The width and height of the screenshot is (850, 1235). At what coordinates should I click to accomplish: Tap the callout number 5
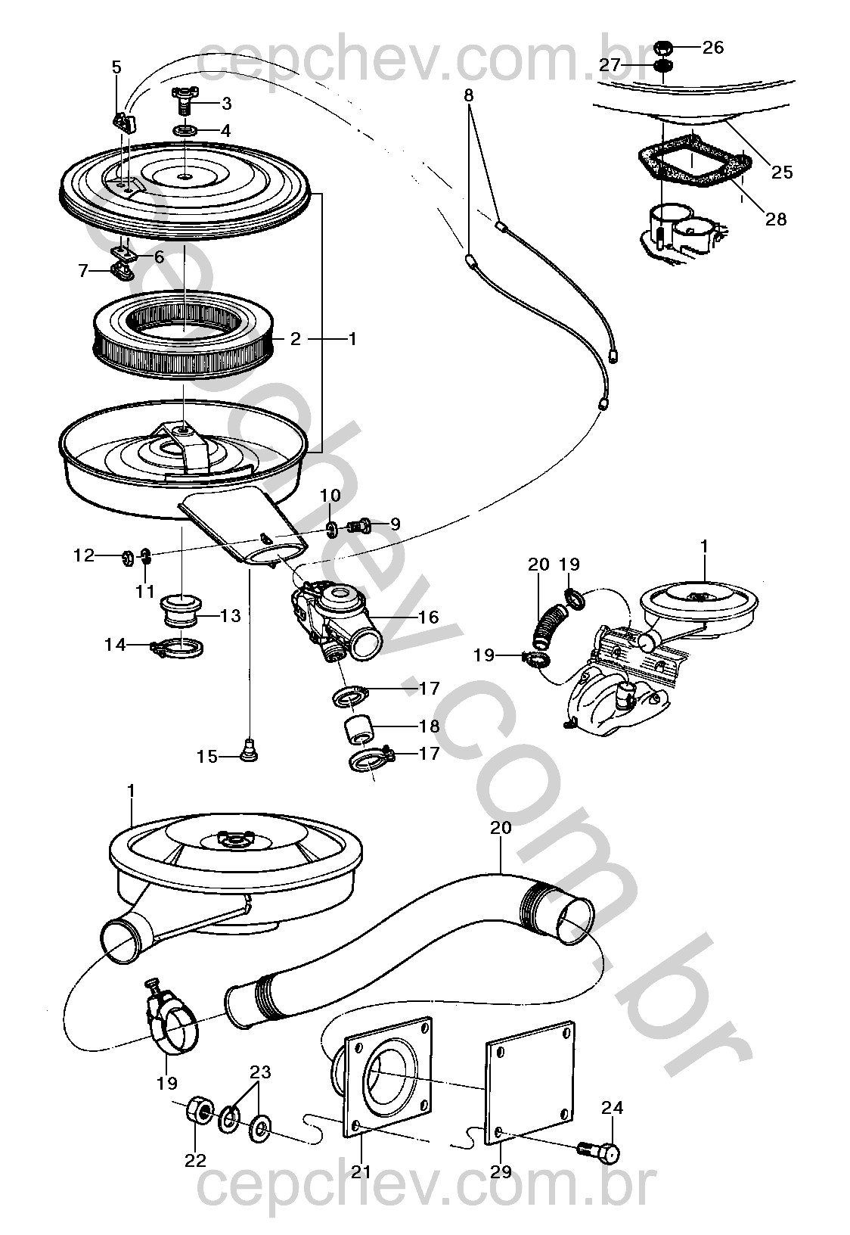coord(116,67)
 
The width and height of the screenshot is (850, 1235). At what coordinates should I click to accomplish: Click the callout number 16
coord(428,617)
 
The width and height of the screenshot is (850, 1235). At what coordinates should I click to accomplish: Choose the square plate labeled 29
coord(528,1084)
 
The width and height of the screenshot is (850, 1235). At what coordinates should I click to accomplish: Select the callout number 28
coord(776,219)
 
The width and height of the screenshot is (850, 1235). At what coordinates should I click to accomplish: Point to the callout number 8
coord(469,95)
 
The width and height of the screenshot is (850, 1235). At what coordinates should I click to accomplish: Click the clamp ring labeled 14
coord(181,647)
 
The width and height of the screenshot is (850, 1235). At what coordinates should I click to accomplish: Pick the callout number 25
coord(782,172)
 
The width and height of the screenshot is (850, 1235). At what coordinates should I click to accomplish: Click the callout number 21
coord(361,1172)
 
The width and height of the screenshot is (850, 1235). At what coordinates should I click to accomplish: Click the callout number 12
coord(83,555)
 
